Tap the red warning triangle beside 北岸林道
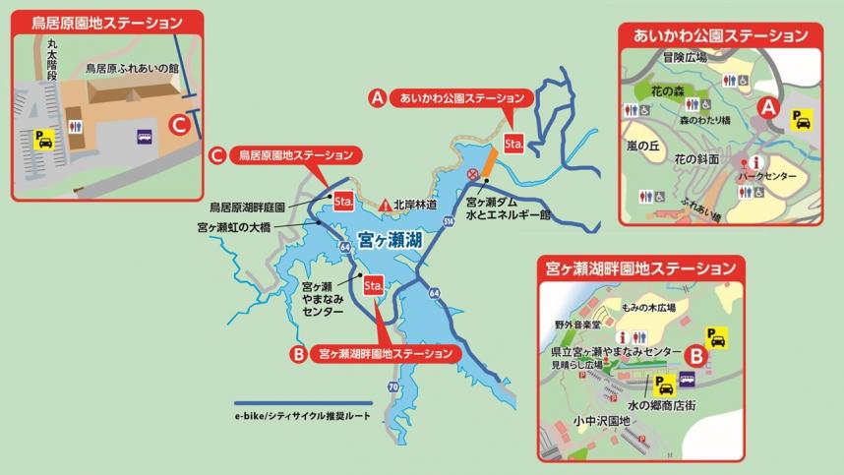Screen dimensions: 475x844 [385, 205]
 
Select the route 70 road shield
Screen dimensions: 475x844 [393, 387]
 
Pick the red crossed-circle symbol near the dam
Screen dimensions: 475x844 [473, 174]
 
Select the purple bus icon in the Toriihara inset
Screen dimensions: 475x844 [145, 138]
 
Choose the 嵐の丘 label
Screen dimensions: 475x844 [645, 146]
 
